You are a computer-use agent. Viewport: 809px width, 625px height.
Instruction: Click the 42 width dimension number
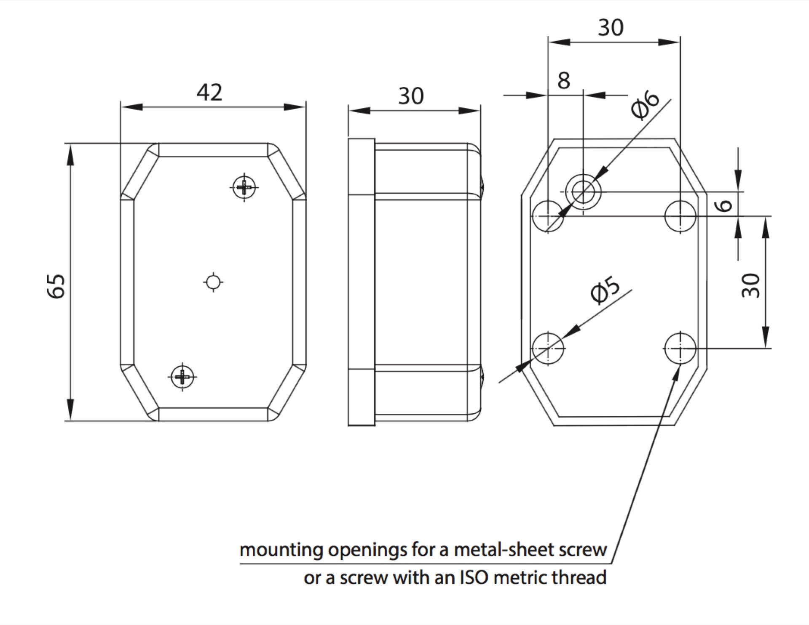[209, 92]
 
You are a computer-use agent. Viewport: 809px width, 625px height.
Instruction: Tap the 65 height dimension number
[56, 286]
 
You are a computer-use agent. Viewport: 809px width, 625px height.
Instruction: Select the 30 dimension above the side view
[411, 96]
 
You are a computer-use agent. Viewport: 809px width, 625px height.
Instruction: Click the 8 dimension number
[563, 81]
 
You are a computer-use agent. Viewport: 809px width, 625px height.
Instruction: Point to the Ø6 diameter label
[645, 105]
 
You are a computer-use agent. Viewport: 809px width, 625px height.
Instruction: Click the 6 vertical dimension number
[724, 205]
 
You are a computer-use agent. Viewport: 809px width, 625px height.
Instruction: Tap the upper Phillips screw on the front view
[244, 186]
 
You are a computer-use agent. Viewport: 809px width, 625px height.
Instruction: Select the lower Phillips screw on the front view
[182, 376]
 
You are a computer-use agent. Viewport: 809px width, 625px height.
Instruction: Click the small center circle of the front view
[213, 282]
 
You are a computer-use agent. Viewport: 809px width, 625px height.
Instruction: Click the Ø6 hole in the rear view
[583, 192]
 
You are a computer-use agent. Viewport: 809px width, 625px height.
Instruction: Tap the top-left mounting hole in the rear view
[548, 216]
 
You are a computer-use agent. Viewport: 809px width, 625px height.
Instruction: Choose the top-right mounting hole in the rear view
[680, 216]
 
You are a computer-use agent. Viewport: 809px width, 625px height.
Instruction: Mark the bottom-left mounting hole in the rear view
[548, 348]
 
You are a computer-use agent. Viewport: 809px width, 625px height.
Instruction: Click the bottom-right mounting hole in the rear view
[680, 348]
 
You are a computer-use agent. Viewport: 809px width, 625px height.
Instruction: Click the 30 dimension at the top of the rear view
[611, 28]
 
